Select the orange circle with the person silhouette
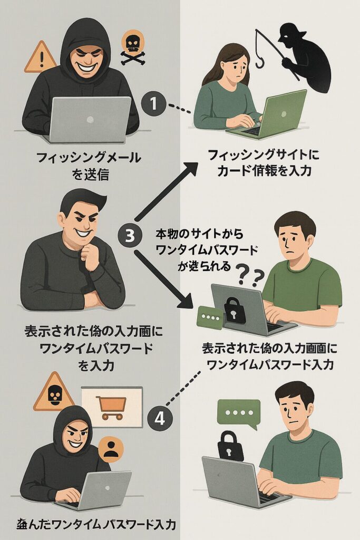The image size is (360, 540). (x=111, y=450)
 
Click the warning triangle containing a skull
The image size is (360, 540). (x=53, y=393)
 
